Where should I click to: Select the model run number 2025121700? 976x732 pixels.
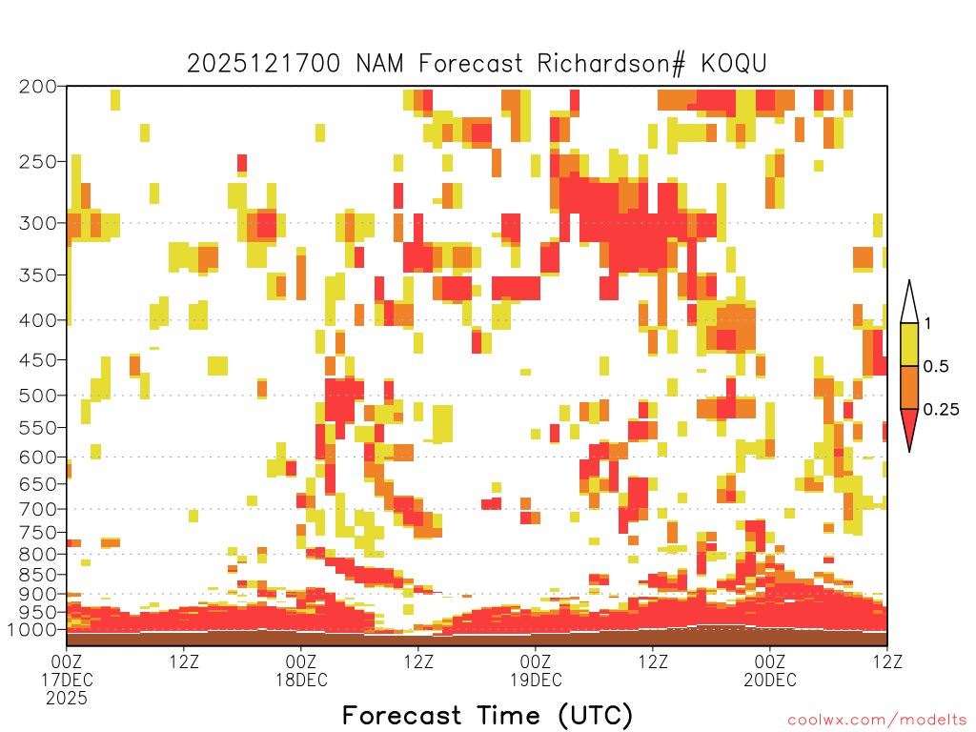[265, 64]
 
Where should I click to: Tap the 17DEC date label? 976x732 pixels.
[67, 680]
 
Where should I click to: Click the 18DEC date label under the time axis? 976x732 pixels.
[301, 680]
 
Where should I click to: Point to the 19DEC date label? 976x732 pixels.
[536, 680]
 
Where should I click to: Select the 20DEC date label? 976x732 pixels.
[770, 680]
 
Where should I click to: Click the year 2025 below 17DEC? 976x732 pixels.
[67, 698]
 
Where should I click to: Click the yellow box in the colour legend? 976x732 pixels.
[909, 345]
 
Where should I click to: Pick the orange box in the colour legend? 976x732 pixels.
[909, 388]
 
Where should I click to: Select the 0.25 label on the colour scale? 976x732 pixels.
[941, 410]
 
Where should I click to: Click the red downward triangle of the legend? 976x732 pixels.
[909, 428]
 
